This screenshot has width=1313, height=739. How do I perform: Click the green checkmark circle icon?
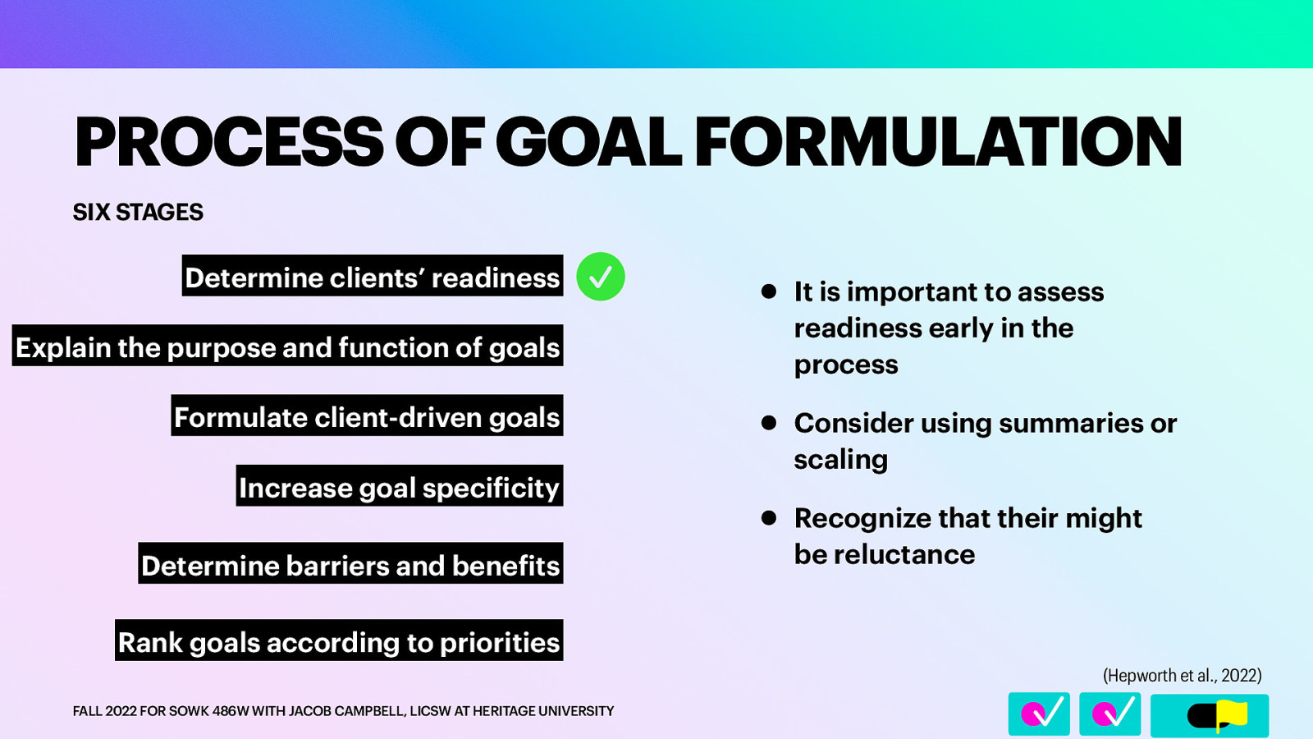pyautogui.click(x=601, y=277)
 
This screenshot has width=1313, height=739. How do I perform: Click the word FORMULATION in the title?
pyautogui.click(x=938, y=143)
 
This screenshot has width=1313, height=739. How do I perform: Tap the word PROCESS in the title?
pyautogui.click(x=229, y=143)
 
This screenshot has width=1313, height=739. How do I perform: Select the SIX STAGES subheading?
pyautogui.click(x=138, y=213)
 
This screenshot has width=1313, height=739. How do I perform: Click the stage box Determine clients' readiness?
pyautogui.click(x=373, y=277)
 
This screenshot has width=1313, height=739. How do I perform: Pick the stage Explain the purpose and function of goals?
pyautogui.click(x=287, y=347)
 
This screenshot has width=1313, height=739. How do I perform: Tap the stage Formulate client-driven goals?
pyautogui.click(x=367, y=416)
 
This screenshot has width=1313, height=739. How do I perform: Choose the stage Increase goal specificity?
pyautogui.click(x=399, y=487)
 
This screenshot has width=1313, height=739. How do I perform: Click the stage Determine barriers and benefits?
pyautogui.click(x=350, y=565)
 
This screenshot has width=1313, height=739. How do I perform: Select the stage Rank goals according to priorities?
pyautogui.click(x=339, y=641)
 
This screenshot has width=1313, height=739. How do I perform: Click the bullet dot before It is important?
pyautogui.click(x=769, y=291)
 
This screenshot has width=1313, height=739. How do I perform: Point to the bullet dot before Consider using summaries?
pyautogui.click(x=769, y=423)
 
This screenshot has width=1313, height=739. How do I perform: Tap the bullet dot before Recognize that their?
pyautogui.click(x=769, y=518)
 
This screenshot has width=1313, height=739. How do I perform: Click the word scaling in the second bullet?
pyautogui.click(x=840, y=460)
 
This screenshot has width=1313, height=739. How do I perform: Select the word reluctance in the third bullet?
pyautogui.click(x=904, y=555)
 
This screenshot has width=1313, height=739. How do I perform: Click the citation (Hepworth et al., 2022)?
pyautogui.click(x=1182, y=675)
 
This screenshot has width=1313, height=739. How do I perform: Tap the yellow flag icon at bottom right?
pyautogui.click(x=1231, y=714)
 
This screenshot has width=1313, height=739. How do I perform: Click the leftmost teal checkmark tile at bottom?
pyautogui.click(x=1039, y=714)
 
